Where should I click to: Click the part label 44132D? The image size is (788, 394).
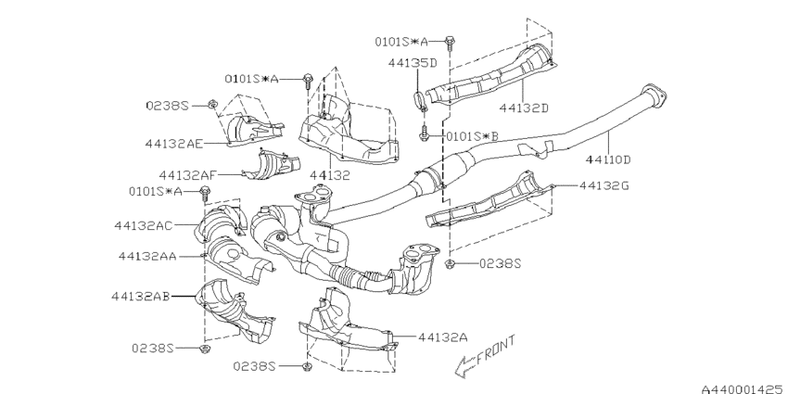tap(524, 108)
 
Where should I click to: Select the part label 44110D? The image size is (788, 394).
tap(608, 159)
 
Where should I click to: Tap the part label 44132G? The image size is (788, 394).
tap(604, 186)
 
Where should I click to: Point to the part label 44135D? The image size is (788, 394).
tap(413, 63)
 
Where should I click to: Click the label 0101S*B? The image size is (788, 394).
tap(473, 136)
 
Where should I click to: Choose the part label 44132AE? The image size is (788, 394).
tap(174, 144)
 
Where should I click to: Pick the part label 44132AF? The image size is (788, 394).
tap(188, 175)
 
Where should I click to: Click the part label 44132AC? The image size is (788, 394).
tap(143, 225)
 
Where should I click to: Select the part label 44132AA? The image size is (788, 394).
tap(147, 256)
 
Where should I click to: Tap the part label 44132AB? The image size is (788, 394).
tap(141, 297)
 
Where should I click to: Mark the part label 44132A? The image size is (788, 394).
tap(443, 337)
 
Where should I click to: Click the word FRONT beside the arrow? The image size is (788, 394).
tap(496, 350)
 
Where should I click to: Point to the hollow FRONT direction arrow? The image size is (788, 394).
tap(465, 366)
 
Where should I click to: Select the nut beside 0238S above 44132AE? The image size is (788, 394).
tap(212, 105)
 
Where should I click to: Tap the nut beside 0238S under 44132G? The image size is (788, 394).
tap(450, 263)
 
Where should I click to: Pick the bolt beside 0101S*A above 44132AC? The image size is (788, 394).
tap(205, 193)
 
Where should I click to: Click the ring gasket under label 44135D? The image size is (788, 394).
tap(419, 99)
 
